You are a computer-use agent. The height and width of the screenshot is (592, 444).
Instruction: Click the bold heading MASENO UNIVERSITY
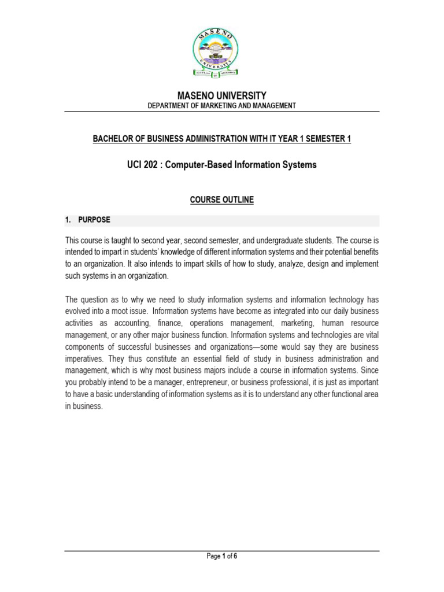tap(222, 95)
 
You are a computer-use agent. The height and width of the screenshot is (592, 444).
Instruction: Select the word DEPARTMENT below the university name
tap(169, 106)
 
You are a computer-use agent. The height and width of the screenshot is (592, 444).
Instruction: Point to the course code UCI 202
tap(144, 165)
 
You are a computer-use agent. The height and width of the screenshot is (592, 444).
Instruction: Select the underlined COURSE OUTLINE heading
tap(222, 199)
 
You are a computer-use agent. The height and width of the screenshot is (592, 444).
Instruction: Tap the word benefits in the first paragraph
tap(362, 252)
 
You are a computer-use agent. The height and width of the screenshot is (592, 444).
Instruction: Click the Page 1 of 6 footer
tap(222, 556)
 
